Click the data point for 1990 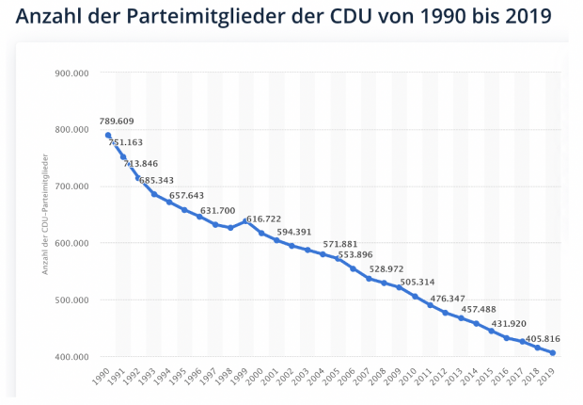[108, 135]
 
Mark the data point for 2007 [369, 278]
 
